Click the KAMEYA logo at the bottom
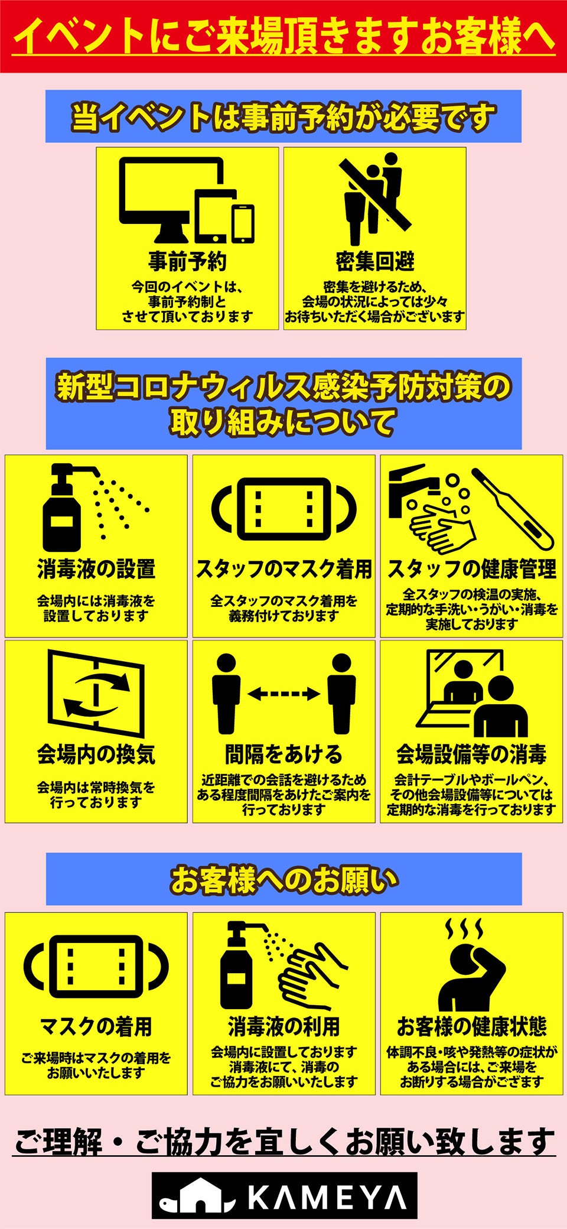pyautogui.click(x=284, y=1195)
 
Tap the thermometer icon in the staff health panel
pyautogui.click(x=512, y=509)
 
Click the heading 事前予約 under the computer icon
pyautogui.click(x=187, y=261)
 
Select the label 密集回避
pyautogui.click(x=375, y=261)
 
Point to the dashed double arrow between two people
pyautogui.click(x=283, y=694)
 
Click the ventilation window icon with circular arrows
pyautogui.click(x=96, y=693)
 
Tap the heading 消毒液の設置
pyautogui.click(x=96, y=569)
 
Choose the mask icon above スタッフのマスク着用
pyautogui.click(x=284, y=509)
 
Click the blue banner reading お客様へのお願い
pyautogui.click(x=284, y=879)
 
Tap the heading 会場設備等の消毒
pyautogui.click(x=471, y=755)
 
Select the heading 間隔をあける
pyautogui.click(x=283, y=755)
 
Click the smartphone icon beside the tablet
pyautogui.click(x=243, y=224)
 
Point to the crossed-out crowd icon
pyautogui.click(x=375, y=199)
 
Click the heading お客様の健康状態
pyautogui.click(x=471, y=1026)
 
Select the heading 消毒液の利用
pyautogui.click(x=283, y=1026)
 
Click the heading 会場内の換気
pyautogui.click(x=96, y=755)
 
